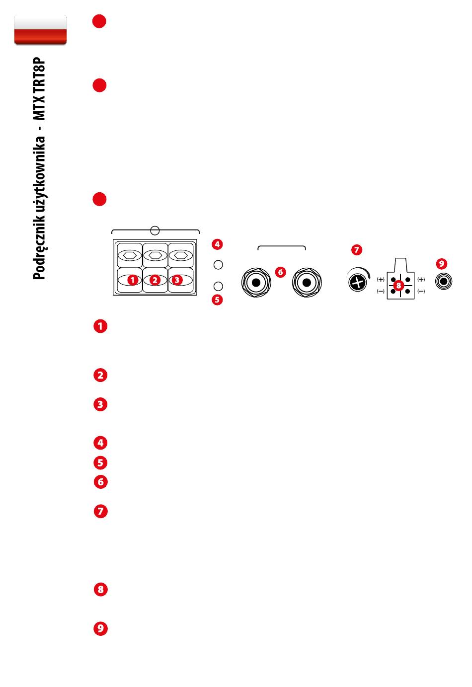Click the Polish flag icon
pos(40,30)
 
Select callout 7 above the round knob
pos(357,250)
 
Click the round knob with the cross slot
pos(356,282)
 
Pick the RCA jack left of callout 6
pos(256,283)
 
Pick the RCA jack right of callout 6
pos(306,283)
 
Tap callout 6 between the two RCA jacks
pos(281,272)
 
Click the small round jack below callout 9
pos(443,282)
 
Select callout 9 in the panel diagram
pos(442,263)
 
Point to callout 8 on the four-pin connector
pos(399,285)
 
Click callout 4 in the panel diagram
pos(217,244)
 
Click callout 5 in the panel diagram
pos(217,300)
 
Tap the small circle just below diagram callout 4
pos(218,265)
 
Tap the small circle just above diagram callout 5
pos(218,286)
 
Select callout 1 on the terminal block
pos(132,280)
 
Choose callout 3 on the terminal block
pos(177,280)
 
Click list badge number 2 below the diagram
pos(100,375)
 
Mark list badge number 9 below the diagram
pos(100,629)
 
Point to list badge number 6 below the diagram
pos(100,482)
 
